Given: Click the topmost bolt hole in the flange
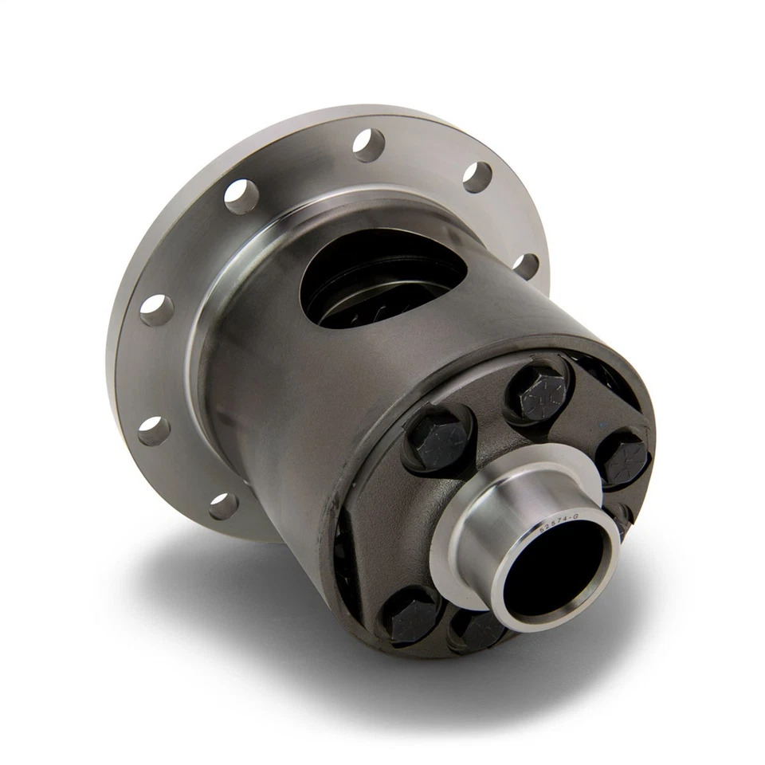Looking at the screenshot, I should point(369,145).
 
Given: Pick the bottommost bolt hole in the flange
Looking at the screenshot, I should point(224,505).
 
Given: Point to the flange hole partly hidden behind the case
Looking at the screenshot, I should point(525,265).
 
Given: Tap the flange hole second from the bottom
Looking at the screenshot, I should point(153,430).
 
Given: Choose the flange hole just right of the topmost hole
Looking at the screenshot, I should point(477,177).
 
